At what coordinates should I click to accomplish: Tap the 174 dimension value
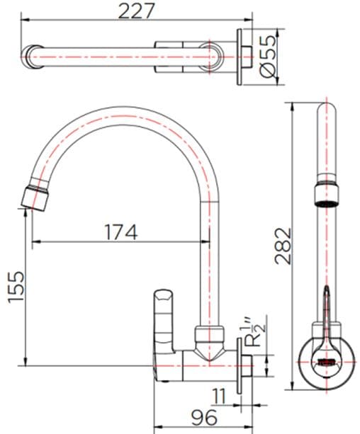[120, 231]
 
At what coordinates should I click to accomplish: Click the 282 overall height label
[282, 245]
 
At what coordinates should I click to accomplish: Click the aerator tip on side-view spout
[34, 196]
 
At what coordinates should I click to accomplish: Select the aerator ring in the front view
[325, 192]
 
